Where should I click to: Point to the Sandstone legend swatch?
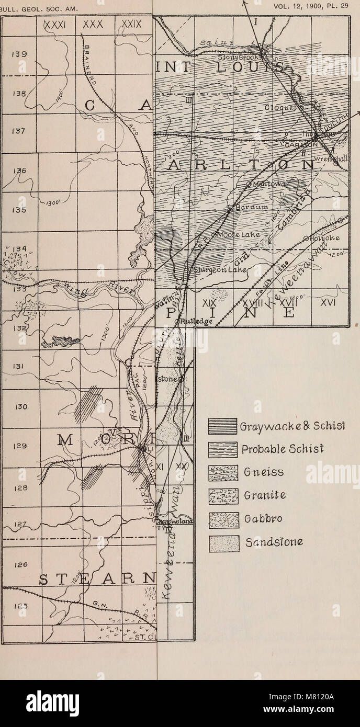click(220, 544)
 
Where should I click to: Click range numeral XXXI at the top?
click(55, 25)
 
